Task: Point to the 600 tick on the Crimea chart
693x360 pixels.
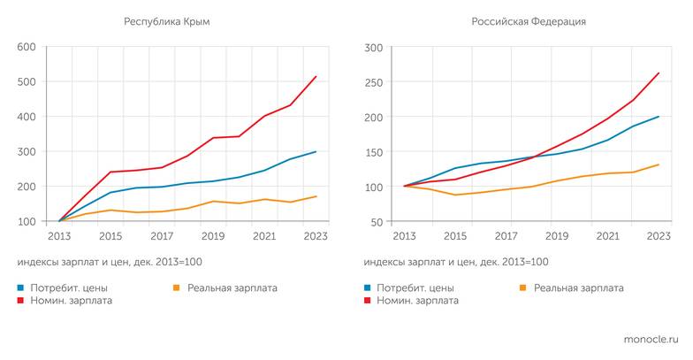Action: [27, 47]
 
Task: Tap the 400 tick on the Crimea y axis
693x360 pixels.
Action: [27, 117]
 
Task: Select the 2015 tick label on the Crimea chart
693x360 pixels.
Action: [110, 236]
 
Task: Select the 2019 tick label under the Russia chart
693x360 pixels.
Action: [557, 236]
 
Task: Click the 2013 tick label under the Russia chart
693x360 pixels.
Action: [404, 236]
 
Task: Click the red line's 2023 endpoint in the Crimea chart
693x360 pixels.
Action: [316, 76]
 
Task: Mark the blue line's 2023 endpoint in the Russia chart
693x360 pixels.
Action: [659, 117]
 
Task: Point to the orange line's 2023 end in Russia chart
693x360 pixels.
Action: [659, 165]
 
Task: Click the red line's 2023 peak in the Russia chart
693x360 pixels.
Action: [659, 73]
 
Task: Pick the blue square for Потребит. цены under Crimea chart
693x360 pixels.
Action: [19, 288]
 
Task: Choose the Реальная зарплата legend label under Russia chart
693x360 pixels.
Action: [578, 288]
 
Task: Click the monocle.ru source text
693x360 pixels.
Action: [650, 339]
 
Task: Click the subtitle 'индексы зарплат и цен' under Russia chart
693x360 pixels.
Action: [455, 262]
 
